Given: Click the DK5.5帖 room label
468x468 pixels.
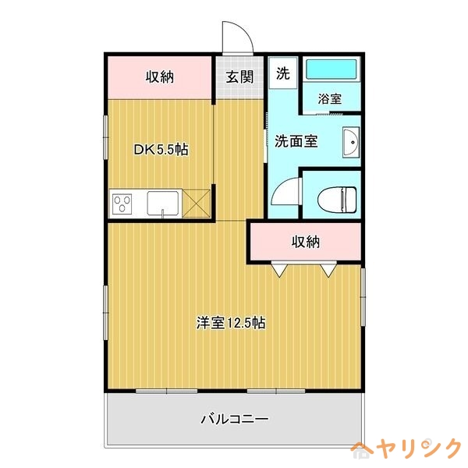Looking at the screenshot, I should pos(161,149).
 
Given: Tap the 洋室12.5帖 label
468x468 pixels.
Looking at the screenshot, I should pos(230,323).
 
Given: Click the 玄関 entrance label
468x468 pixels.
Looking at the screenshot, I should pos(239,76).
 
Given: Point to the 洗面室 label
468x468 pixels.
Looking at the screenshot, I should pos(296,141).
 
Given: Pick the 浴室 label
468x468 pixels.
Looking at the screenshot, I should pos(330,99).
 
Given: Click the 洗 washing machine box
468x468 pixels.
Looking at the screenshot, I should pos(282,74).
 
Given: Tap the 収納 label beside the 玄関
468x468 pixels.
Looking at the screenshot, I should pos(159,76).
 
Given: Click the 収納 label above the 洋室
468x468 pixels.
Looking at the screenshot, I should pos(306,241).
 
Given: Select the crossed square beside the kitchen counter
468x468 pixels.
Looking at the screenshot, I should pos(197,204).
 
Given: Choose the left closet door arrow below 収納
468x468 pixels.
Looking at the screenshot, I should pos(279,270).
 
